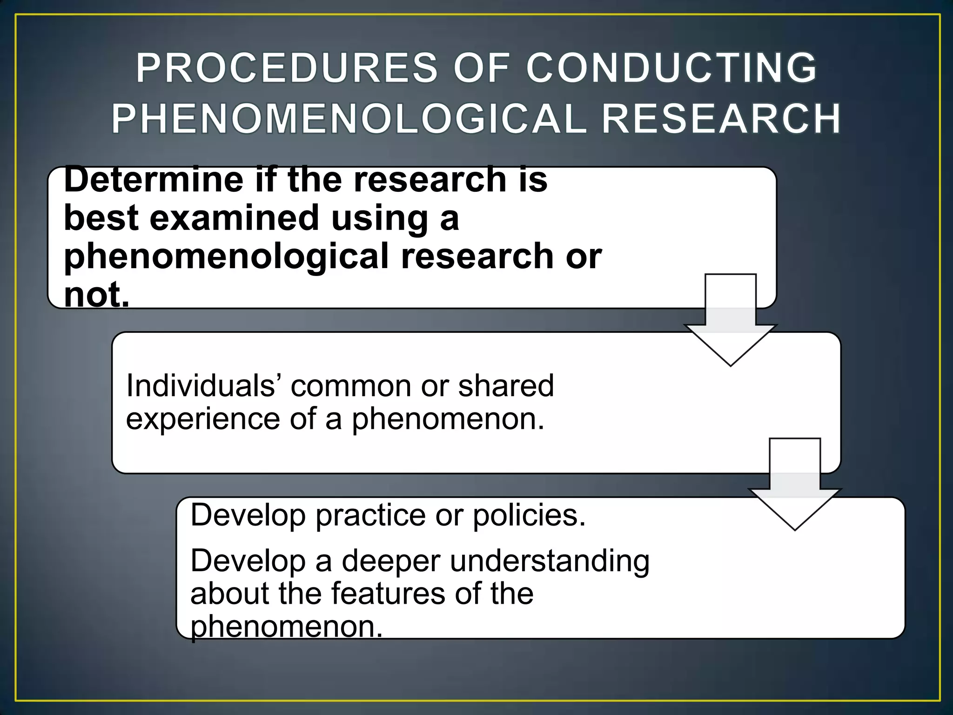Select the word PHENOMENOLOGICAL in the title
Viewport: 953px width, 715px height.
[x=349, y=119]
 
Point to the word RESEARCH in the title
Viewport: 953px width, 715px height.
[x=721, y=119]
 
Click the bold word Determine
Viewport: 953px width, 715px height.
[x=154, y=180]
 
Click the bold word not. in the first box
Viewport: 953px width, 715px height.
[x=96, y=295]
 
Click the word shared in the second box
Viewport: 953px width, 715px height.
[x=506, y=386]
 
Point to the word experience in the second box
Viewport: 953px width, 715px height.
[x=203, y=418]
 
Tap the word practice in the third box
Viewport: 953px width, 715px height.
[x=370, y=516]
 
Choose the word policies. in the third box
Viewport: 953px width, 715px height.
[x=529, y=516]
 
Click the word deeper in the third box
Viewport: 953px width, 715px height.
[x=391, y=561]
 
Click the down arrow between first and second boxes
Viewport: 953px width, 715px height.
[x=730, y=321]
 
